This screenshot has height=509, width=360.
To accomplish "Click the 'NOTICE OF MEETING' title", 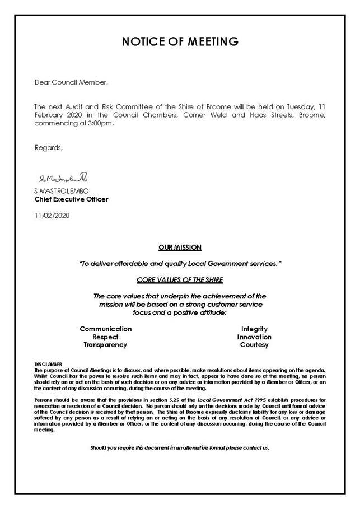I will [x=180, y=42].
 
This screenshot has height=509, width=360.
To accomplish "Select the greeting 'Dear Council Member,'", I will [x=71, y=82].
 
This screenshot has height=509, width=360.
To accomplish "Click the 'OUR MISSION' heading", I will [x=180, y=247].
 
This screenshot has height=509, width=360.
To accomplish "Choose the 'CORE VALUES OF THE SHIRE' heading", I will [x=180, y=279].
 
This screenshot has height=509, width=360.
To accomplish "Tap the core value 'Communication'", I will [x=106, y=329].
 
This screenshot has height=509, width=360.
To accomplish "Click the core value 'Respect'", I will [x=106, y=337].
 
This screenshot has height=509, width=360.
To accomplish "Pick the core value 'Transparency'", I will [x=105, y=345].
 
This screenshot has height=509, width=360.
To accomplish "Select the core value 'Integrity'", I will [x=254, y=329].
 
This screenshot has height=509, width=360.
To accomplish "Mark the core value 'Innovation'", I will [x=254, y=337].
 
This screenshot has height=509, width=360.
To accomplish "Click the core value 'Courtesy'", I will [x=254, y=345].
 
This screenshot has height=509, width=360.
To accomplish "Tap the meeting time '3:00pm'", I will [x=103, y=124].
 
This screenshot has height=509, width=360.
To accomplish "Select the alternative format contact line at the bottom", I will [x=180, y=448].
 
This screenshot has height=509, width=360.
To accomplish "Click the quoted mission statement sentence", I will [x=180, y=263].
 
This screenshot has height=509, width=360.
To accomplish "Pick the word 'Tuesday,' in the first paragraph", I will [x=296, y=106].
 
